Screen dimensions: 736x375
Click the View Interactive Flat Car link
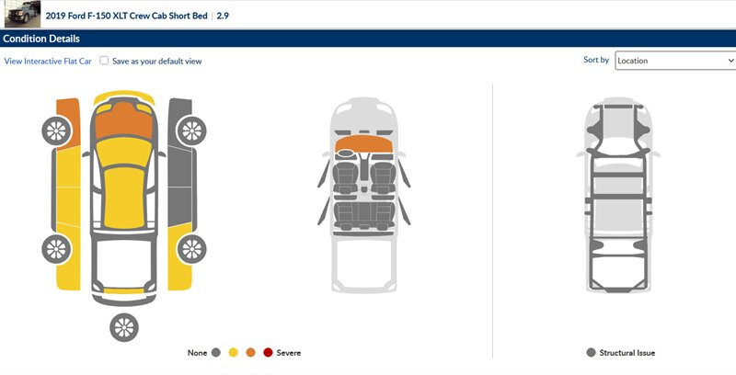coord(48,61)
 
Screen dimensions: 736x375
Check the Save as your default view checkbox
coord(104,61)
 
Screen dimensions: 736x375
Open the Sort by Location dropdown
coord(675,61)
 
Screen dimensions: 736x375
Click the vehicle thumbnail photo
coord(22,14)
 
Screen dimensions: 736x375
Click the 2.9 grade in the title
coord(223,16)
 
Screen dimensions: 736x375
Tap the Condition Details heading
coord(41,39)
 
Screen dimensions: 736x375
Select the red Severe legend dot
coord(268,353)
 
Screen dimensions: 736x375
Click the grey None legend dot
coord(216,353)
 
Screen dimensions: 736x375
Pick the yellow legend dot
coord(234,353)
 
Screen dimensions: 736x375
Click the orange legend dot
coord(250,353)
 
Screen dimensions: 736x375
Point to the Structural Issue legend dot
coord(591,353)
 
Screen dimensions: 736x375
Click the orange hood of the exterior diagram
coord(124,121)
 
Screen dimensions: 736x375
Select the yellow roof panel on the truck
coord(124,197)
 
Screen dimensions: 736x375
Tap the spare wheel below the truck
coord(124,327)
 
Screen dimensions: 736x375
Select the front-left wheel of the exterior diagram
coord(56,131)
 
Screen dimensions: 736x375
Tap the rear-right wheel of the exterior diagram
coord(191,248)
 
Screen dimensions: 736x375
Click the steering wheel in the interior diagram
coord(345,153)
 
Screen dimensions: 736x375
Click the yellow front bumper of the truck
coord(124,97)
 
